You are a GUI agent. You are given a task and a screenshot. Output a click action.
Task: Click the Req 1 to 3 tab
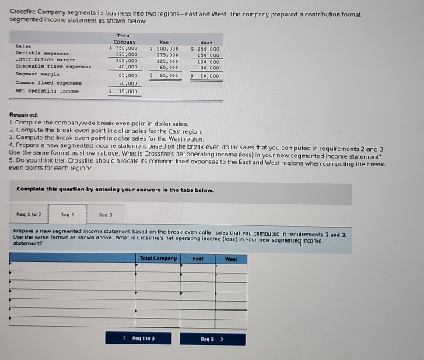[x=28, y=212]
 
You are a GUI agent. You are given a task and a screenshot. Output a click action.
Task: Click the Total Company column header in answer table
[x=158, y=257]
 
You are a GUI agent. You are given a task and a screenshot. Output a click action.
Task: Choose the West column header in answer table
[x=230, y=257]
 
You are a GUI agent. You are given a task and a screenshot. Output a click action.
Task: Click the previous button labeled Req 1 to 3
[x=143, y=339]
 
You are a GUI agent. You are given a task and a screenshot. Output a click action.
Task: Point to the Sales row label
[x=23, y=47]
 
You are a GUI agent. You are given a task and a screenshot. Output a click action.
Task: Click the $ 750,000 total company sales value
[x=124, y=47]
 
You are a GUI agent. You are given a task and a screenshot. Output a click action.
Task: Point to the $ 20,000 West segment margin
[x=206, y=75]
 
